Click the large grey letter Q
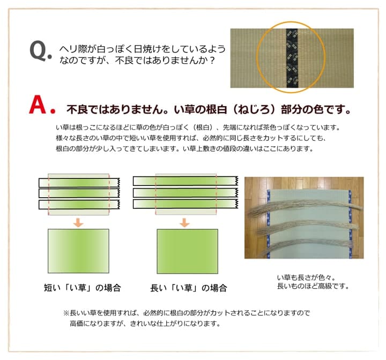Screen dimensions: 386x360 pyautogui.click(x=39, y=51)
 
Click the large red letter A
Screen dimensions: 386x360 pyautogui.click(x=38, y=105)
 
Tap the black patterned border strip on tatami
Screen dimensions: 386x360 pyautogui.click(x=292, y=58)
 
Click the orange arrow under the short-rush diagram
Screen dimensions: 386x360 pyautogui.click(x=78, y=222)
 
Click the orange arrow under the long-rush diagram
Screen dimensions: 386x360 pyautogui.click(x=184, y=222)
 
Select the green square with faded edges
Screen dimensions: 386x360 pyautogui.click(x=78, y=251)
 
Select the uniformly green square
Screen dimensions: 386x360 pyautogui.click(x=187, y=251)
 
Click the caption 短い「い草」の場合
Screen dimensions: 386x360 pyautogui.click(x=82, y=288)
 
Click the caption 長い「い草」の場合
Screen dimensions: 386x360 pyautogui.click(x=189, y=288)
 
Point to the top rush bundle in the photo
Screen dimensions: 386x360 pyautogui.click(x=304, y=206)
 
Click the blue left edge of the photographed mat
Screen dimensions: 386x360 pyautogui.click(x=269, y=224)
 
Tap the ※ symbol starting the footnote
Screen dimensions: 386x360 pyautogui.click(x=66, y=313)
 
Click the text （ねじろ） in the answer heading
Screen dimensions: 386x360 pyautogui.click(x=253, y=109)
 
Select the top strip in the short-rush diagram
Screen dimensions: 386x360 pyautogui.click(x=79, y=183)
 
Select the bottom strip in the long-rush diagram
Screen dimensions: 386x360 pyautogui.click(x=185, y=204)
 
